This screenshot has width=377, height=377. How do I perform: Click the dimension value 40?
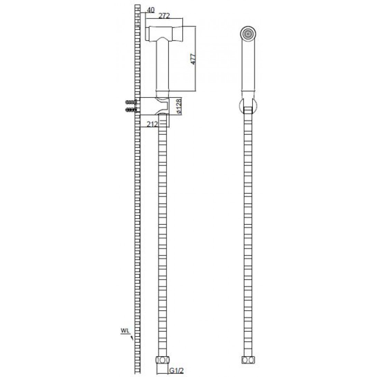click(150, 10)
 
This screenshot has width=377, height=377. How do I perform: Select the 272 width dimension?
click(164, 16)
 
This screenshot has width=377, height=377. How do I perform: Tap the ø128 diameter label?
click(178, 106)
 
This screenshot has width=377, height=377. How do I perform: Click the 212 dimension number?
click(152, 124)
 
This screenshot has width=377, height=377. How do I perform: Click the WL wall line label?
click(125, 331)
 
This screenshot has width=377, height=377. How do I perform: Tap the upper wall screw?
click(131, 102)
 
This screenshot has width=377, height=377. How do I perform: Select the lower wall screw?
click(131, 110)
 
